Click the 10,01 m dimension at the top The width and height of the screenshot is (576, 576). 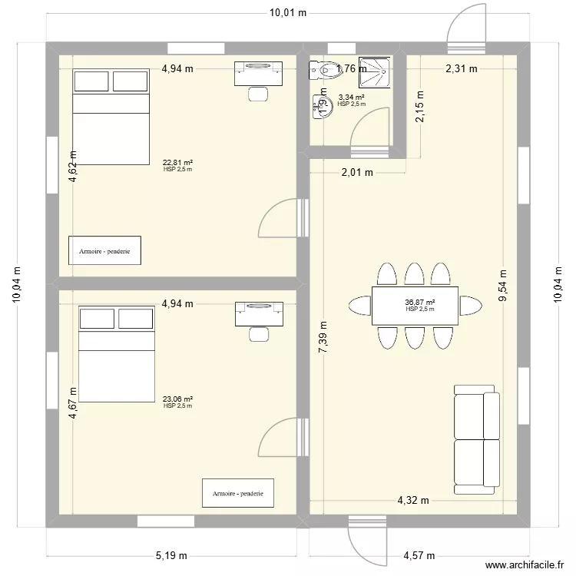pos(287,12)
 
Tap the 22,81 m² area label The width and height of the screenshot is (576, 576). pos(177,163)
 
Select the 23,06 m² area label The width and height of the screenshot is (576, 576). pos(177,399)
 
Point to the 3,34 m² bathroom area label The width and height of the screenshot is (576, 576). pos(351,98)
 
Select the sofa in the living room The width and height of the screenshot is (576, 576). pos(477,439)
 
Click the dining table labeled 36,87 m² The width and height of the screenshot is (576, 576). pos(415,306)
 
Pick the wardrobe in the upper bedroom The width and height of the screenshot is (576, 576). pos(104,250)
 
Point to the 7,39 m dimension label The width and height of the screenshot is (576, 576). pos(323,336)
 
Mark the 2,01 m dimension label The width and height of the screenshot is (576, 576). pos(356,173)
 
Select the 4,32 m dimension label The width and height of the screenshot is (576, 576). pos(412,501)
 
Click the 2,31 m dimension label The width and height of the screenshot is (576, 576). pos(462,68)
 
